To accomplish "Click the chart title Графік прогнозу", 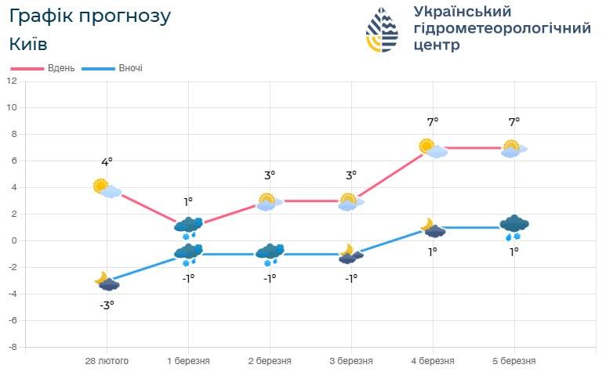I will [x=89, y=16].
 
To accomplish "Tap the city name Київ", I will [x=29, y=44].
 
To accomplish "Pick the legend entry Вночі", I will [x=130, y=68].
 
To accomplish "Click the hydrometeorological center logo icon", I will [x=383, y=30].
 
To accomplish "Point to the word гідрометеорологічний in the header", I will [x=502, y=28].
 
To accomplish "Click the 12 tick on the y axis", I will [x=12, y=81].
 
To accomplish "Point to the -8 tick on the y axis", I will [x=12, y=347].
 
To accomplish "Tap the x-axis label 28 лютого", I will [x=107, y=361].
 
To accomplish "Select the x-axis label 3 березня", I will [x=351, y=361].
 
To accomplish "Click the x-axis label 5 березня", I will [x=514, y=361].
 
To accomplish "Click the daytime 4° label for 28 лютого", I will [x=107, y=162].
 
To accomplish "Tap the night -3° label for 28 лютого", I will [x=107, y=305].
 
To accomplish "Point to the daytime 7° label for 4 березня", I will [x=433, y=121].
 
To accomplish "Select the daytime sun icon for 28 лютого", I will [x=101, y=186].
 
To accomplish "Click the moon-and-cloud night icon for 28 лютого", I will [x=107, y=281].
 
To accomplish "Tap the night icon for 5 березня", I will [x=514, y=227].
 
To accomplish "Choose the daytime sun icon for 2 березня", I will [x=267, y=201].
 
